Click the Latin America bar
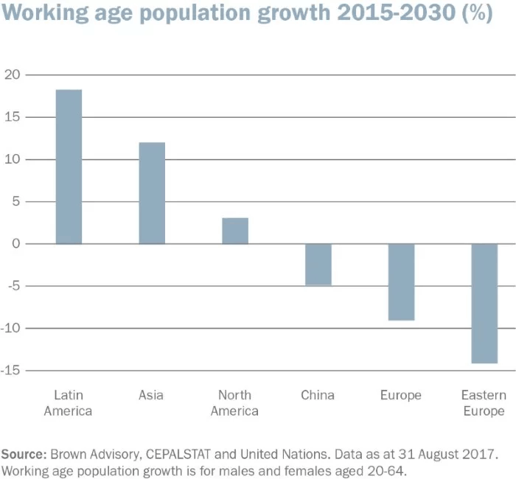point(69,167)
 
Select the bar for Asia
point(152,193)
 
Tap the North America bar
point(235,231)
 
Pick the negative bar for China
point(318,265)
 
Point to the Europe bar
point(402,282)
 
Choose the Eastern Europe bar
point(484,303)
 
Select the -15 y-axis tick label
point(11,371)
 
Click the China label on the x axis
point(318,396)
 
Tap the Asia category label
point(151,396)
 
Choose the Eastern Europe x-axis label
point(484,403)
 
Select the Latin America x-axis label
point(68,403)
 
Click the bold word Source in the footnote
point(23,451)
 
